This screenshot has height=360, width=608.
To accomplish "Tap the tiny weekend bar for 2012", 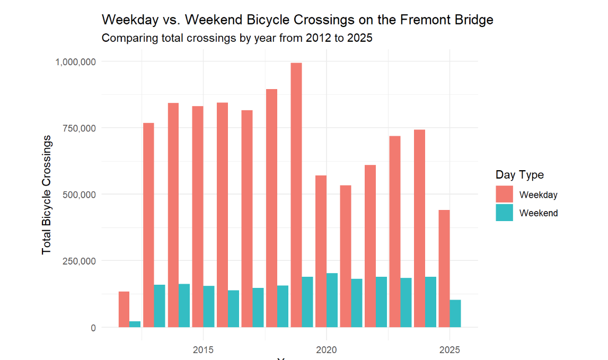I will (135, 324).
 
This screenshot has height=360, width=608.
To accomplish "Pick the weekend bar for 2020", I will (332, 300).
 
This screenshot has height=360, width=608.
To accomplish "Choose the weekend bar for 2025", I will (455, 313).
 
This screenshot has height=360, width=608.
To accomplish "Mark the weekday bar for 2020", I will (320, 251).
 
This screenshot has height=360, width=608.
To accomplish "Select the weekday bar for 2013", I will (148, 225).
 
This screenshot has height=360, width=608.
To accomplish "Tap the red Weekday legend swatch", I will (504, 194).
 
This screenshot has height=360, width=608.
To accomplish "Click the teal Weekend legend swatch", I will (504, 213).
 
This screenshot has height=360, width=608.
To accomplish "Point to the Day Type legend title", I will (519, 175).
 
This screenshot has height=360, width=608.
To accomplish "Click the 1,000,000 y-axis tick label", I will (75, 62).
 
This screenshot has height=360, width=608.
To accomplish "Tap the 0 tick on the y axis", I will (93, 328).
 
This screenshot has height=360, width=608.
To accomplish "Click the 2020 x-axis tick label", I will (326, 350).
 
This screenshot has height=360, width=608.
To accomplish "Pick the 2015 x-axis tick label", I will (203, 350).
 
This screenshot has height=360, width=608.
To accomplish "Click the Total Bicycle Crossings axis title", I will (47, 194).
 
